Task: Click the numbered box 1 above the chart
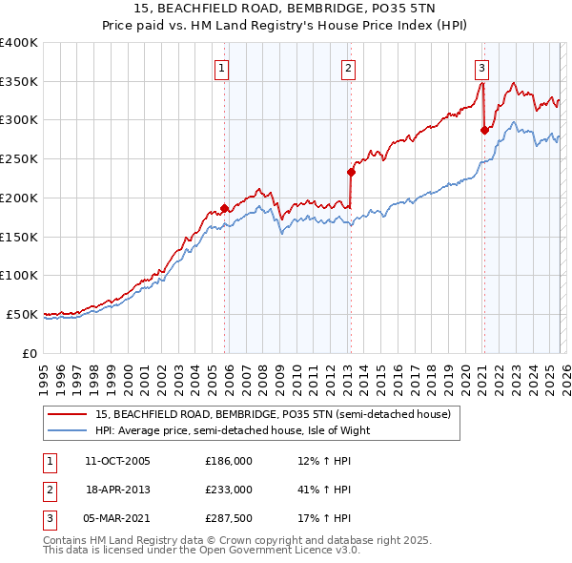click(221, 68)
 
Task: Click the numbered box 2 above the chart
click(349, 68)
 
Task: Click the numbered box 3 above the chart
click(481, 68)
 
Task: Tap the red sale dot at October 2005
click(225, 208)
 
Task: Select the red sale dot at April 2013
click(351, 172)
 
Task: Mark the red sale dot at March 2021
click(484, 130)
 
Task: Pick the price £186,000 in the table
click(229, 460)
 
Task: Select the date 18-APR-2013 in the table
click(118, 489)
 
